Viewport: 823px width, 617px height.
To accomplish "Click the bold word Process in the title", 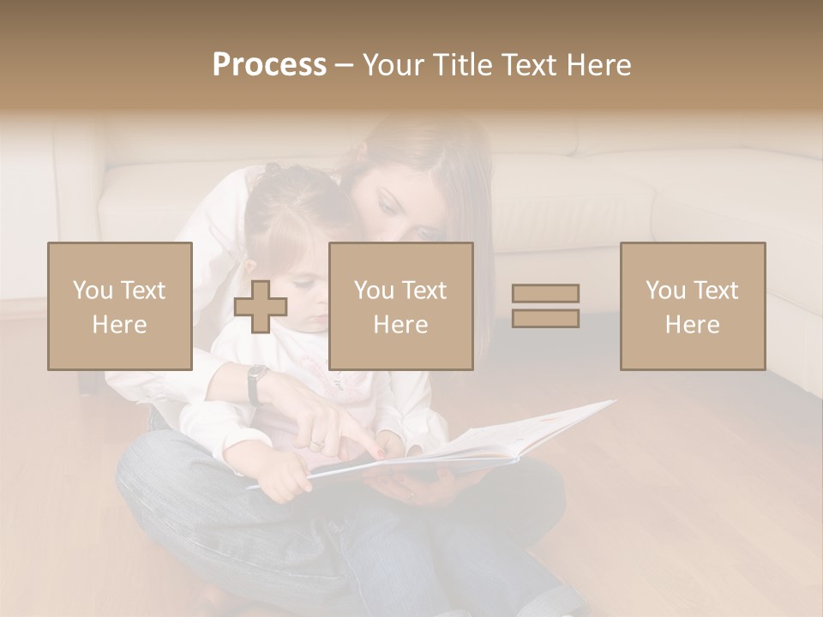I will coord(269,65).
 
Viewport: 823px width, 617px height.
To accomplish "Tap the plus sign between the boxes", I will coord(261,307).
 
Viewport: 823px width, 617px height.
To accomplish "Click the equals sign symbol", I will coord(545,306).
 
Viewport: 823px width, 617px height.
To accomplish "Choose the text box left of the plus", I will coord(120,307).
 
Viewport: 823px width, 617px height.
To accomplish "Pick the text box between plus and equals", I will coord(400,307).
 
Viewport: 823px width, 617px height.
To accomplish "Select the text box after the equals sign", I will coord(692,307).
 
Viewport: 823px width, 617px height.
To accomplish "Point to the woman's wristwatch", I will coord(256,384).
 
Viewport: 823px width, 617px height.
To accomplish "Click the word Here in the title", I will coord(599,65).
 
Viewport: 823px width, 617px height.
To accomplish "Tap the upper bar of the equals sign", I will coord(545,293).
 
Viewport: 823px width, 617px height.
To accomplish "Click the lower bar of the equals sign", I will coord(545,319).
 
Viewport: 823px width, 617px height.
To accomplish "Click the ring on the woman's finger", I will coord(317,443).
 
